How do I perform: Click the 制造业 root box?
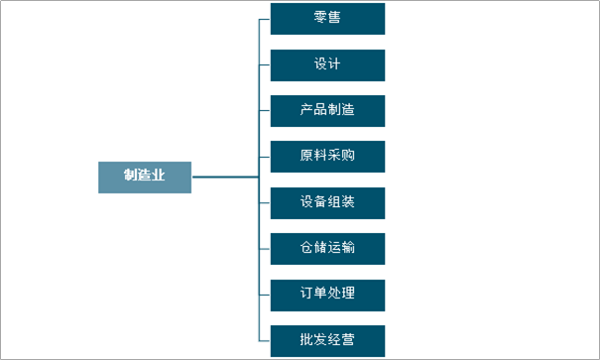pos(145,178)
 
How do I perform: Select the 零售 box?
pos(327,19)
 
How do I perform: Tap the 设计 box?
pos(327,65)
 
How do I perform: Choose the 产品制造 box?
pos(327,111)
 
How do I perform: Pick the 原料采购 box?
pos(327,157)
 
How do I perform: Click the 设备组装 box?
pos(327,203)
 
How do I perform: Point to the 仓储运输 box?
pos(327,249)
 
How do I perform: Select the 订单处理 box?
pos(327,296)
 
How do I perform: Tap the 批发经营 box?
pos(327,341)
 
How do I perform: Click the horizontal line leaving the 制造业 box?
pos(225,177)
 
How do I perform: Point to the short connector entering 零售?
pos(265,19)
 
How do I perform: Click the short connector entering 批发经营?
pos(265,340)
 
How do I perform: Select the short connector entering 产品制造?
pos(265,110)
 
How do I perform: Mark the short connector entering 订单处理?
pos(265,295)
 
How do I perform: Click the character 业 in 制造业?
pos(158,175)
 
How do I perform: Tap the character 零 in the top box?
pos(320,17)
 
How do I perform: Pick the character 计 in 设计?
pos(334,63)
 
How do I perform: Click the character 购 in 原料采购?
pos(348,155)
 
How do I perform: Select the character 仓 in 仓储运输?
pos(306,247)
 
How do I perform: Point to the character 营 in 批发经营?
pos(348,339)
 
